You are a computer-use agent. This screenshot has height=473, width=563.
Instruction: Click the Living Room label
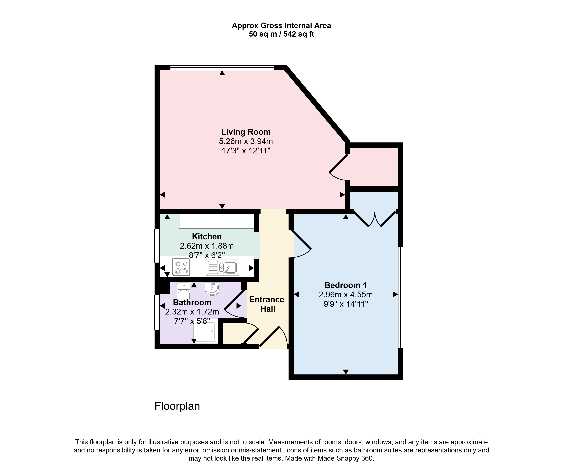click(246, 132)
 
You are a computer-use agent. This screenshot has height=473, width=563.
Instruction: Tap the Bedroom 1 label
click(346, 285)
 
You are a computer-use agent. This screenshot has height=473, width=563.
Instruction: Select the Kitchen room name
click(207, 236)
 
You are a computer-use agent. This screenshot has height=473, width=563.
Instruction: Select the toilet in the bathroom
click(184, 293)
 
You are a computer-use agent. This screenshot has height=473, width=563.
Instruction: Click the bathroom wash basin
click(212, 289)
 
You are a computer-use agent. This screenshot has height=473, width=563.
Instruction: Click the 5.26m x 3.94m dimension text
click(246, 141)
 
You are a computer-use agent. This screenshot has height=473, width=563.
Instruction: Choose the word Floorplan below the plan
click(177, 406)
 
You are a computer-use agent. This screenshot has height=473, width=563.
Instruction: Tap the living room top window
click(222, 68)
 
